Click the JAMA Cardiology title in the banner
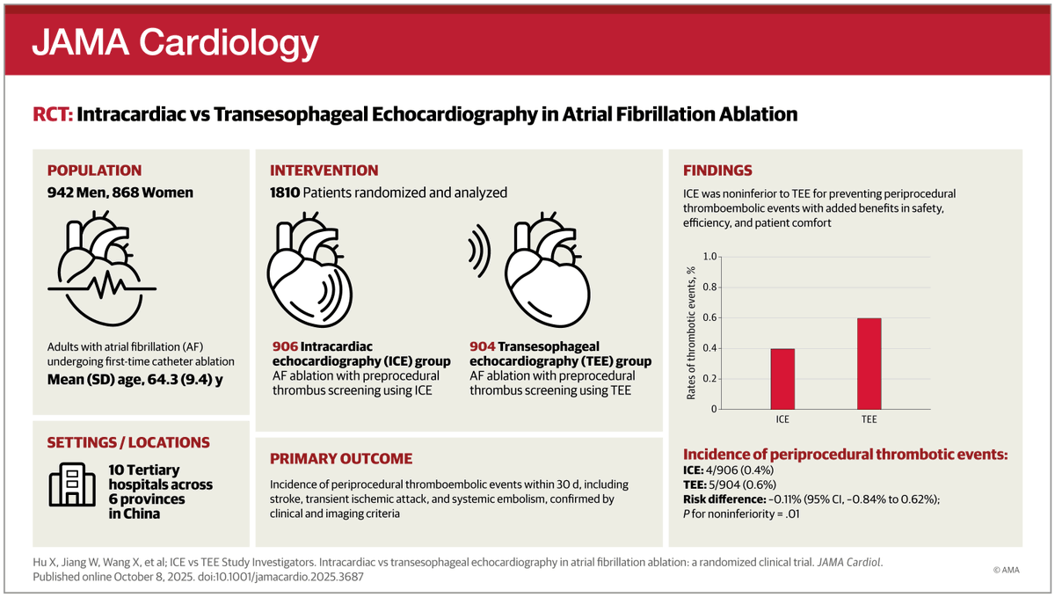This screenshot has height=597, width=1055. click(175, 40)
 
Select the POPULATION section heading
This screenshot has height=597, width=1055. click(94, 171)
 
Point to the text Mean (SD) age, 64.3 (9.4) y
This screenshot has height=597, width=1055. click(128, 381)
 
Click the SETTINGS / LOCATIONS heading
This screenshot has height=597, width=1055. click(127, 442)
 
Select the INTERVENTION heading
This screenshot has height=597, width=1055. click(324, 171)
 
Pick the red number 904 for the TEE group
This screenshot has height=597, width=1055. click(483, 346)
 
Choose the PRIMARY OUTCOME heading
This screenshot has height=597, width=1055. click(340, 458)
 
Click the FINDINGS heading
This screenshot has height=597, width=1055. click(717, 171)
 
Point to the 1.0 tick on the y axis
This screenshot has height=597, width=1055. click(710, 257)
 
